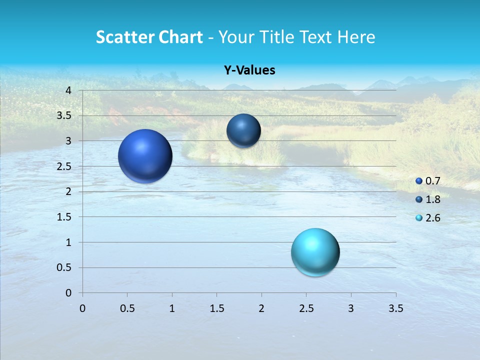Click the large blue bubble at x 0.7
coord(145,156)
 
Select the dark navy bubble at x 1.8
coord(243,130)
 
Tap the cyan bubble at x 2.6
coord(315,252)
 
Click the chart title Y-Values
coord(249,70)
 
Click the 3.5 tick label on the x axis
coord(395,308)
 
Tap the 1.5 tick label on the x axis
coord(216,308)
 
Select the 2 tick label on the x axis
coord(261,308)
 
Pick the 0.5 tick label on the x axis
coord(127,308)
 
